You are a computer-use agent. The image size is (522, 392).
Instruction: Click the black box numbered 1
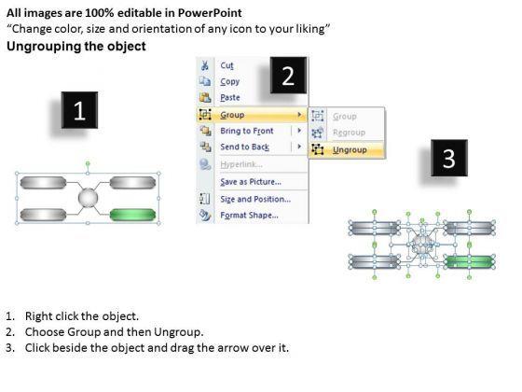79,110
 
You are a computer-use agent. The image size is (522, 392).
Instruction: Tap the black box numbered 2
288,76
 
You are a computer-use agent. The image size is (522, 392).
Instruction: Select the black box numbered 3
449,158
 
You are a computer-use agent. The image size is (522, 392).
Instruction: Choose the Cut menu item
227,65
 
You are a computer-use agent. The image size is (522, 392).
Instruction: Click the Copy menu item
229,82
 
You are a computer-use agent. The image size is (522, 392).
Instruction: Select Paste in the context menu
230,98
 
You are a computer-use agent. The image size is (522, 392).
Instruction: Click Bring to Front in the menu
247,131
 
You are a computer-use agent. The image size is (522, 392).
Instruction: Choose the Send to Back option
244,147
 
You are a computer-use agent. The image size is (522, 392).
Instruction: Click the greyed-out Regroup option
349,133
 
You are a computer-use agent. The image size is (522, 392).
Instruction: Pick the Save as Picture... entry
251,182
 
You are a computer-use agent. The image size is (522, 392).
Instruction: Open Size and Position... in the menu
255,200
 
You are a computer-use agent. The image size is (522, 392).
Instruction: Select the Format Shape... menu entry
250,216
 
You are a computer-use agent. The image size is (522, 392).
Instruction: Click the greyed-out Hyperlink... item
241,164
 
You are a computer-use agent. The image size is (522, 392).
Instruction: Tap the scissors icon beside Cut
205,65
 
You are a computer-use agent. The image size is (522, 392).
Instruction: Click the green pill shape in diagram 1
132,215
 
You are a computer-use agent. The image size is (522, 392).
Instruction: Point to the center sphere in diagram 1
88,198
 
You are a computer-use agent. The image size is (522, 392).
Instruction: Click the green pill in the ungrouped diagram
470,261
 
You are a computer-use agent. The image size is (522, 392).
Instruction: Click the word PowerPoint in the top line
210,13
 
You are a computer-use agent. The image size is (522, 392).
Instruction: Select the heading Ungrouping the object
76,46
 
